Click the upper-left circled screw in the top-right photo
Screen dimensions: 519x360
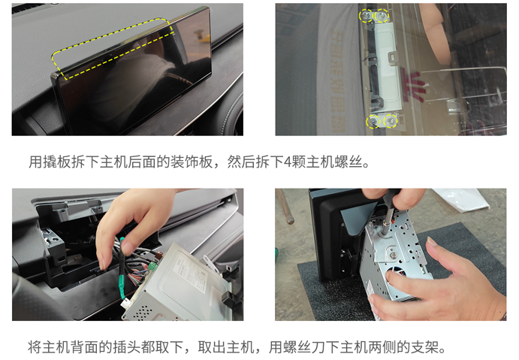click(366, 16)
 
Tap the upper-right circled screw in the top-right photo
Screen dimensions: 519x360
click(382, 15)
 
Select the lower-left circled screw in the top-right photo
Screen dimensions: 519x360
click(373, 122)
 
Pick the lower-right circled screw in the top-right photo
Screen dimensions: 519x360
click(391, 121)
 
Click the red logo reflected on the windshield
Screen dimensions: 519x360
click(413, 84)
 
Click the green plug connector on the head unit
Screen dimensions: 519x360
click(152, 265)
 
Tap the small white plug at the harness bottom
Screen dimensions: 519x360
click(125, 303)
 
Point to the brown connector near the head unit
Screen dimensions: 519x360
click(159, 256)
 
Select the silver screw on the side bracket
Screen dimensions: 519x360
click(394, 255)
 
